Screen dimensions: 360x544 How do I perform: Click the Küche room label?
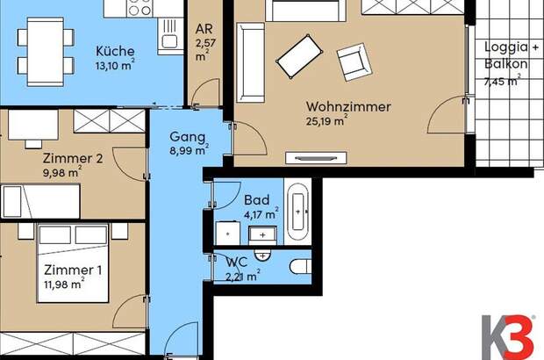[x=113, y=49]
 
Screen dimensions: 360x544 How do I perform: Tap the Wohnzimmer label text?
[x=348, y=107]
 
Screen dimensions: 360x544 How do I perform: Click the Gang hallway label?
[x=188, y=138]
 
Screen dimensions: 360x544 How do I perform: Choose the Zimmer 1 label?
[x=67, y=269]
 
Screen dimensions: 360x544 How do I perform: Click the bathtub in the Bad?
[x=299, y=212]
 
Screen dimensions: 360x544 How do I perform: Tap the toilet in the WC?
[x=298, y=267]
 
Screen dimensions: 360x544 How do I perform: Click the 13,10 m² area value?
[x=113, y=64]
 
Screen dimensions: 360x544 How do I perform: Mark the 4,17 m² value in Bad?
[x=261, y=212]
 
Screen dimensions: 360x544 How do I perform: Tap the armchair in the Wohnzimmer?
[x=353, y=61]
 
